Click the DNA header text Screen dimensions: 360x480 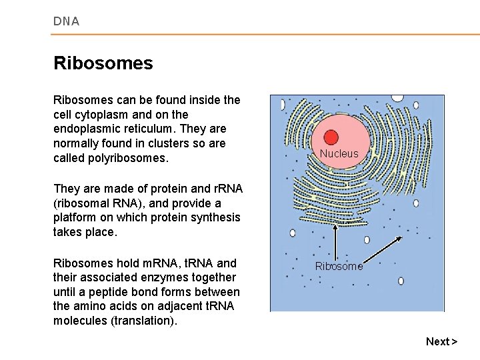point(66,21)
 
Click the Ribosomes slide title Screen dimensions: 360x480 point(103,63)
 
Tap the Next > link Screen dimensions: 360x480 point(441,341)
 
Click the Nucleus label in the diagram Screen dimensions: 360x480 point(339,153)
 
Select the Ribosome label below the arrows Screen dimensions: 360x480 point(339,266)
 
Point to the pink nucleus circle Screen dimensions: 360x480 point(339,137)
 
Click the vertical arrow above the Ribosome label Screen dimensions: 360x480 point(335,240)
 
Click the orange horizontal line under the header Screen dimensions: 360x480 point(267,35)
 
